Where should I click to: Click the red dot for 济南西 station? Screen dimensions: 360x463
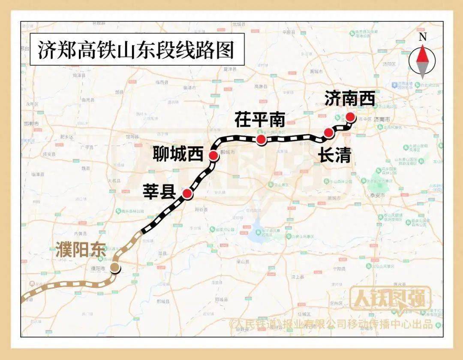tap(350, 117)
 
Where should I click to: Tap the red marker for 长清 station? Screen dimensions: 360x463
tap(328, 133)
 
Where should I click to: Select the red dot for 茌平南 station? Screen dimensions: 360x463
tap(260, 139)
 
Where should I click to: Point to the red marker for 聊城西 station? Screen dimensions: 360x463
tap(213, 155)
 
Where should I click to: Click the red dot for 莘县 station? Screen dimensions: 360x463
tap(187, 194)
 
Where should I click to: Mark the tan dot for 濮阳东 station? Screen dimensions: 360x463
tap(115, 268)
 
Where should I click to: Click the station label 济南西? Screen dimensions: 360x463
tap(349, 98)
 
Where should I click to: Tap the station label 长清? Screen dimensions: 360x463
tap(334, 156)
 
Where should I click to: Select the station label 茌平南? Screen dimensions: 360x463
tap(259, 120)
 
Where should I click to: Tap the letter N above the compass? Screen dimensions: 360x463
tap(423, 37)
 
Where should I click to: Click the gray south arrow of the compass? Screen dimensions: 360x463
tap(423, 70)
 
